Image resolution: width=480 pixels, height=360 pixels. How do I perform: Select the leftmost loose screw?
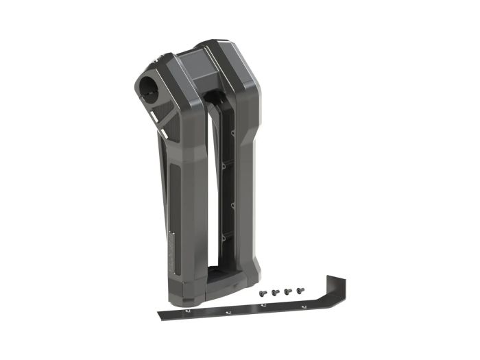tap(263, 293)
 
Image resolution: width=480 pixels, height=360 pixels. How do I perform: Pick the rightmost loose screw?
tap(300, 291)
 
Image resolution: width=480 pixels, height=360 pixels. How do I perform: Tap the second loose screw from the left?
tap(274, 292)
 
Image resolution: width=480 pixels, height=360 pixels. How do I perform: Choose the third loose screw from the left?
tap(288, 291)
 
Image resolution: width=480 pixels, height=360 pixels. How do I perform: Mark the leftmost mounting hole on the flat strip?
tap(187, 312)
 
